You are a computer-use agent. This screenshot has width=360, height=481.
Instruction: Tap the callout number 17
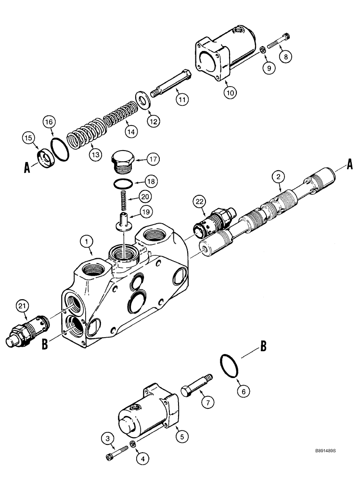coord(152,158)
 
